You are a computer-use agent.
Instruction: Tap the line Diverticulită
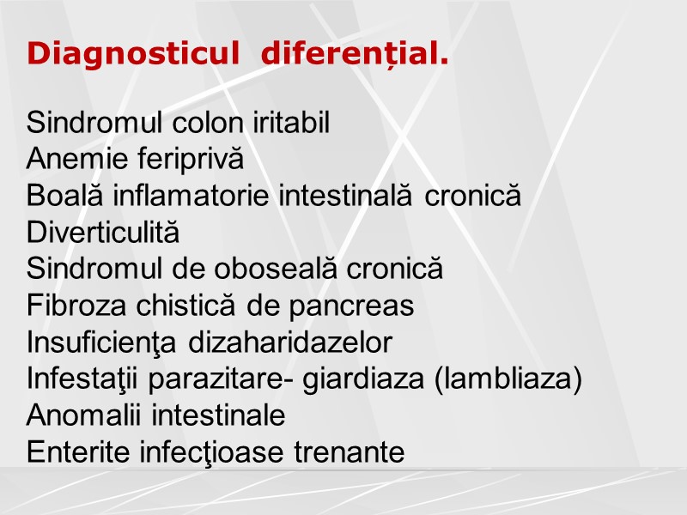pos(104,233)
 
